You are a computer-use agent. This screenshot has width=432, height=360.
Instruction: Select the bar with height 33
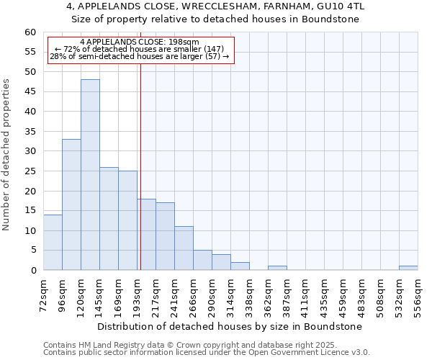(x=71, y=204)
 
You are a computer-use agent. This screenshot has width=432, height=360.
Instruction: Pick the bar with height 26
(x=109, y=219)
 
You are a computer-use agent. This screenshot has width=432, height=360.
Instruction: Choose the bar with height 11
(x=184, y=248)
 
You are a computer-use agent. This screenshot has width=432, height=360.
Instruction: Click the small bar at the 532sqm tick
(x=408, y=268)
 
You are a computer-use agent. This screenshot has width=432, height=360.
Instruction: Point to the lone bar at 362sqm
(x=277, y=268)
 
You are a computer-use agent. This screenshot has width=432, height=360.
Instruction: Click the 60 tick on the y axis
(x=30, y=32)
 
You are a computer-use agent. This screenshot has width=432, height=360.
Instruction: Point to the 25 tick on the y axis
(x=30, y=171)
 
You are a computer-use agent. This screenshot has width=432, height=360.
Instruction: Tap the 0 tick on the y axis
(x=33, y=271)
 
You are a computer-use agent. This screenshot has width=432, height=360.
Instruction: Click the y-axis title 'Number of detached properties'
(x=7, y=155)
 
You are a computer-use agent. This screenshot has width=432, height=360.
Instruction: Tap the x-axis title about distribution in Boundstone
(x=229, y=326)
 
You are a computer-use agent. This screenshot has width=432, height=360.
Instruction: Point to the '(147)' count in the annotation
(x=214, y=49)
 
